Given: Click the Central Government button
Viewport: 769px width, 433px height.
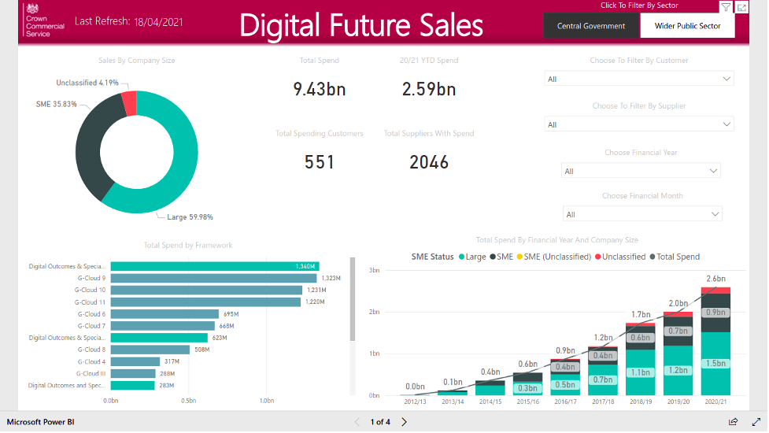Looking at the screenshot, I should [x=591, y=26].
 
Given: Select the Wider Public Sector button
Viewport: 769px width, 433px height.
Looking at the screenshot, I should [x=688, y=26].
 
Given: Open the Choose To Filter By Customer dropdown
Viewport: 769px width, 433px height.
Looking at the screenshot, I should [x=639, y=79].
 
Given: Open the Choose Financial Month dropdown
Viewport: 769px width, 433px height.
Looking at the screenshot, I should [x=641, y=214].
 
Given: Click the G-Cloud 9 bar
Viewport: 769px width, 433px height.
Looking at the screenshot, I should [x=213, y=278].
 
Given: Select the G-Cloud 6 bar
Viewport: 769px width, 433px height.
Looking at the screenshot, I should [x=164, y=313].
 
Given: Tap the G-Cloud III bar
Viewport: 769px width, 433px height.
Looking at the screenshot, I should [x=135, y=373].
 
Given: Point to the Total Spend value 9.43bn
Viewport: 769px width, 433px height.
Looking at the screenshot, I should [x=319, y=89].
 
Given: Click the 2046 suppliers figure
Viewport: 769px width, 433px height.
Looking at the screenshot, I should [x=429, y=162].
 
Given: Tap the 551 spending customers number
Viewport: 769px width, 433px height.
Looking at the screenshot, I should [x=320, y=162].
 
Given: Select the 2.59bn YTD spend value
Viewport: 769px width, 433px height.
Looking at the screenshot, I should [x=429, y=89].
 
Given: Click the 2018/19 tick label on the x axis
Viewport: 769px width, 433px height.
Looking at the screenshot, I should [x=640, y=401].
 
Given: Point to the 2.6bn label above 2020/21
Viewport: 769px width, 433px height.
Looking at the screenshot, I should [x=715, y=279].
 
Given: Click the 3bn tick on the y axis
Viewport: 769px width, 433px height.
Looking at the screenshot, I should [x=374, y=269].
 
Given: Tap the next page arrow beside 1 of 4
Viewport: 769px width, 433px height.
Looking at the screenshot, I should [x=405, y=422].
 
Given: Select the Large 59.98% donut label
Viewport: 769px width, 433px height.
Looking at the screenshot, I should [x=190, y=217].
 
